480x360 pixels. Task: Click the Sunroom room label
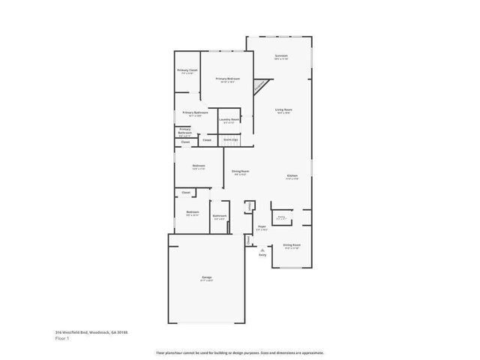coord(282,56)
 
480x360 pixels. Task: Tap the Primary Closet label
coord(187,70)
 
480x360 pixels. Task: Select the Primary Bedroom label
coord(227,79)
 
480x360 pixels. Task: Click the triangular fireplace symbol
coord(259,87)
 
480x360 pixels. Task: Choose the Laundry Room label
coord(229,119)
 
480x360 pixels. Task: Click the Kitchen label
coord(292,176)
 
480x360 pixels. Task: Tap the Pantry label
coord(282,217)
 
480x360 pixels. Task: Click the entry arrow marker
coord(262,250)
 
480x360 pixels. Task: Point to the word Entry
coord(262,256)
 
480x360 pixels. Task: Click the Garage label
coord(206,278)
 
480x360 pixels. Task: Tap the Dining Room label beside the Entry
coord(292,245)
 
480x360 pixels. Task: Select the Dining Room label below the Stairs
coord(240,172)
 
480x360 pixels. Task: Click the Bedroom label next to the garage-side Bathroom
coord(193,212)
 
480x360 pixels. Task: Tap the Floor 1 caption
coord(63,338)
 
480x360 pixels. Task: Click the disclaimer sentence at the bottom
coord(239,352)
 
